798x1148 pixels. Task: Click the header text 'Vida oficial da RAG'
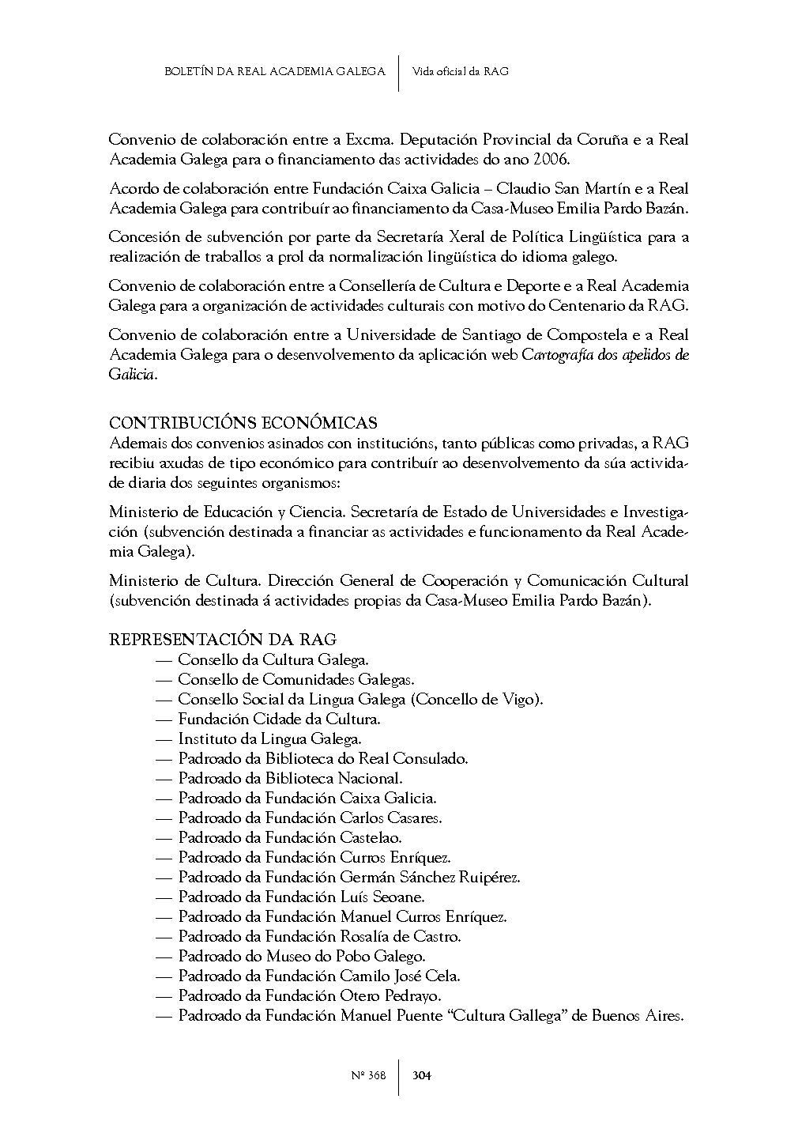(x=461, y=71)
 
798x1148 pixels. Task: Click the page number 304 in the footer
(x=422, y=1075)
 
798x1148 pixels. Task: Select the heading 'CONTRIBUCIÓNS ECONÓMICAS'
(x=243, y=423)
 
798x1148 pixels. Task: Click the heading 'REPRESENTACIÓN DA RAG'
(x=223, y=640)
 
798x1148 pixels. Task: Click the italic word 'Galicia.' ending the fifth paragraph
(x=133, y=375)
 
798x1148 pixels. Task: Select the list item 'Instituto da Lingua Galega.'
(x=269, y=739)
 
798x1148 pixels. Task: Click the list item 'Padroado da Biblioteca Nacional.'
(x=290, y=779)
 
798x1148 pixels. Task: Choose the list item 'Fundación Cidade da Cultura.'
(x=279, y=719)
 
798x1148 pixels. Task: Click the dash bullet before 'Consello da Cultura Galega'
(x=164, y=660)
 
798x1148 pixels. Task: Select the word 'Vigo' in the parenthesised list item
(x=519, y=700)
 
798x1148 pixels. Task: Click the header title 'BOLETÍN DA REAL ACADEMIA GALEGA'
(x=274, y=71)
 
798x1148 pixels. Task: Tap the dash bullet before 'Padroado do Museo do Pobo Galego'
(x=164, y=957)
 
